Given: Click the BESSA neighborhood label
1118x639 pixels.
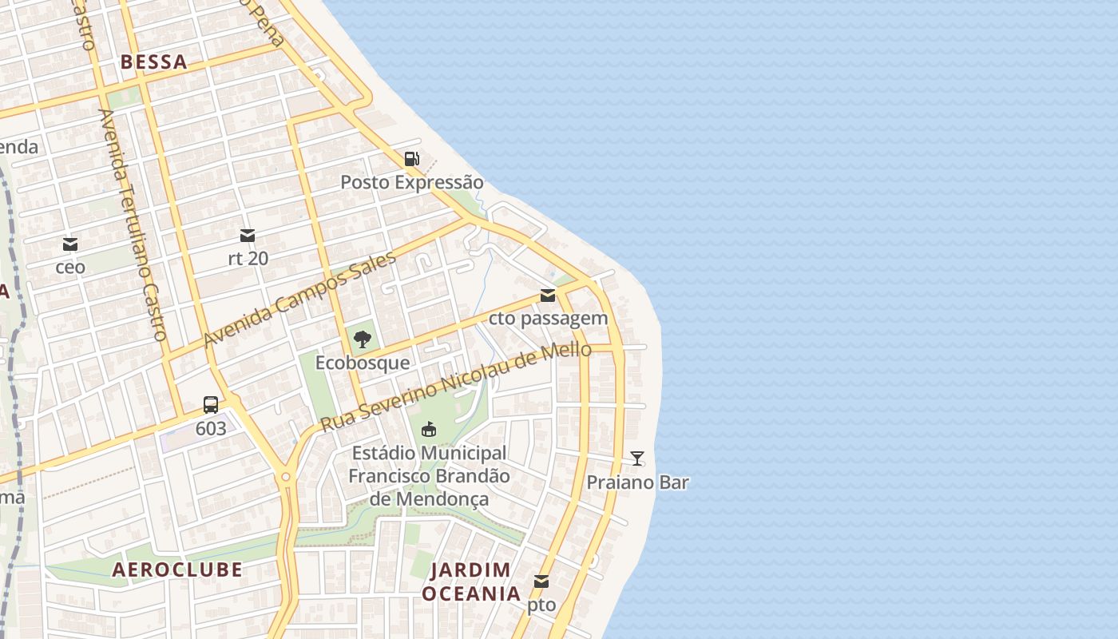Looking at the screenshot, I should click(153, 62).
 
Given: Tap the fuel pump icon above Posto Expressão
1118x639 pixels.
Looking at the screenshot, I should click(411, 159).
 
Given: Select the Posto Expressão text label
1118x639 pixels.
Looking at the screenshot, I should click(411, 182).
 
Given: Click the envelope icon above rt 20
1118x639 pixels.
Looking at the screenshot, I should click(248, 236).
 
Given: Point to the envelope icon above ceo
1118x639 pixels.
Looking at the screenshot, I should click(70, 244).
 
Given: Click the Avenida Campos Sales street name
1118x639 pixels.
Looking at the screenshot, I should click(299, 300).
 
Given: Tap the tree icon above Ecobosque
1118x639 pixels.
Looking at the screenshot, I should click(363, 339).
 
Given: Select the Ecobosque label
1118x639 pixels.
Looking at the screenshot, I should click(363, 363).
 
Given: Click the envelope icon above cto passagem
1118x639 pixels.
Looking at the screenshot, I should click(548, 296).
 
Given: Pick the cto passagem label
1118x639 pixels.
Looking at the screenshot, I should click(548, 319).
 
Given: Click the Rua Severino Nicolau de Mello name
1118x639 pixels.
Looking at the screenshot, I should click(456, 387).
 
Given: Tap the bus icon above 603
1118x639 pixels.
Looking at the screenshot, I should click(211, 405).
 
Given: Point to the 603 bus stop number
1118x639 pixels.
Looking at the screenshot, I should click(211, 429).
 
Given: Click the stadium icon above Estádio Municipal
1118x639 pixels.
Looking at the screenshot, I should click(429, 430).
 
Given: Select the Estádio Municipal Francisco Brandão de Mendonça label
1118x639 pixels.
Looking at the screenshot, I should click(429, 476).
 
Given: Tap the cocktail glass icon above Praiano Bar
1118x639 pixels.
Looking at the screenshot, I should click(637, 458).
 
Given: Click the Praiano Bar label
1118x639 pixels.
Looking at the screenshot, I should click(637, 482).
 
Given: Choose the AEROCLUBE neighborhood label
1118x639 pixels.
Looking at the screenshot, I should click(176, 570).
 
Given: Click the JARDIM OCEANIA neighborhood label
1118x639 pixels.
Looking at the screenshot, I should click(471, 581).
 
